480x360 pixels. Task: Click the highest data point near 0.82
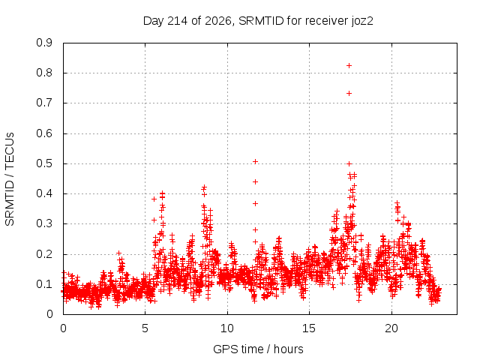point(349,65)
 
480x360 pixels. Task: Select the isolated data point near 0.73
point(349,93)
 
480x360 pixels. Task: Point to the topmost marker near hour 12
point(255,162)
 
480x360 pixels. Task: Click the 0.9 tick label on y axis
point(44,43)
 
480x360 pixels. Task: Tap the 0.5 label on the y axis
point(44,163)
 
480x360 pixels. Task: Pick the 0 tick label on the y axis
point(49,314)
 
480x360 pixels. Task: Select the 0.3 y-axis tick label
point(44,223)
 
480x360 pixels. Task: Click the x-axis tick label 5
point(145,328)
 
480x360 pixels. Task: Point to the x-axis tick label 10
point(227,328)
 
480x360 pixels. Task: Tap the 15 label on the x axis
point(309,328)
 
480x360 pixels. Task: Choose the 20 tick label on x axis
point(391,328)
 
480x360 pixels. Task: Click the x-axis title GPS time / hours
point(258,349)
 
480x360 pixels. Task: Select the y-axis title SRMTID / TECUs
point(10,179)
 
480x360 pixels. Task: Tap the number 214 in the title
point(178,21)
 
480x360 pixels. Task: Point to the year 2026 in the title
point(218,21)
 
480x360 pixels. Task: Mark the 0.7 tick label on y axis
point(44,103)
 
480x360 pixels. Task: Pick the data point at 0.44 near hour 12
point(255,181)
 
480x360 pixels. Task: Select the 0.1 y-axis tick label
point(44,284)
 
